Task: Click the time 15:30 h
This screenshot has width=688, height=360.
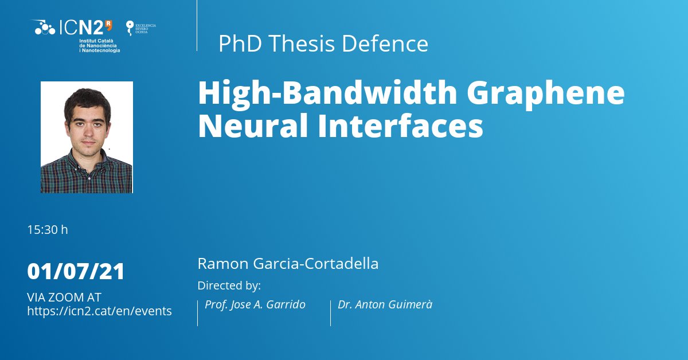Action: tap(48, 230)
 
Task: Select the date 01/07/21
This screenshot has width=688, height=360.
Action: tap(76, 271)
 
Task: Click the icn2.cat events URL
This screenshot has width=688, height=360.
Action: tap(99, 311)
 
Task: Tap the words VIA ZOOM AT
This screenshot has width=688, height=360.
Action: tap(64, 298)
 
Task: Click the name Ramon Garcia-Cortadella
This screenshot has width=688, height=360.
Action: tap(288, 264)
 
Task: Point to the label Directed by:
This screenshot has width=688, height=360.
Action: tap(229, 285)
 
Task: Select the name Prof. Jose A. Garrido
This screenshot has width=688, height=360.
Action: tap(255, 305)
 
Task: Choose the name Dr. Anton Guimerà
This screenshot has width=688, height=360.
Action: tap(385, 305)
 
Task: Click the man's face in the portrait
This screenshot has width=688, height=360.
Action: tap(87, 120)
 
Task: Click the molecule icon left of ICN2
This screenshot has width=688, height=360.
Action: tap(44, 27)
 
